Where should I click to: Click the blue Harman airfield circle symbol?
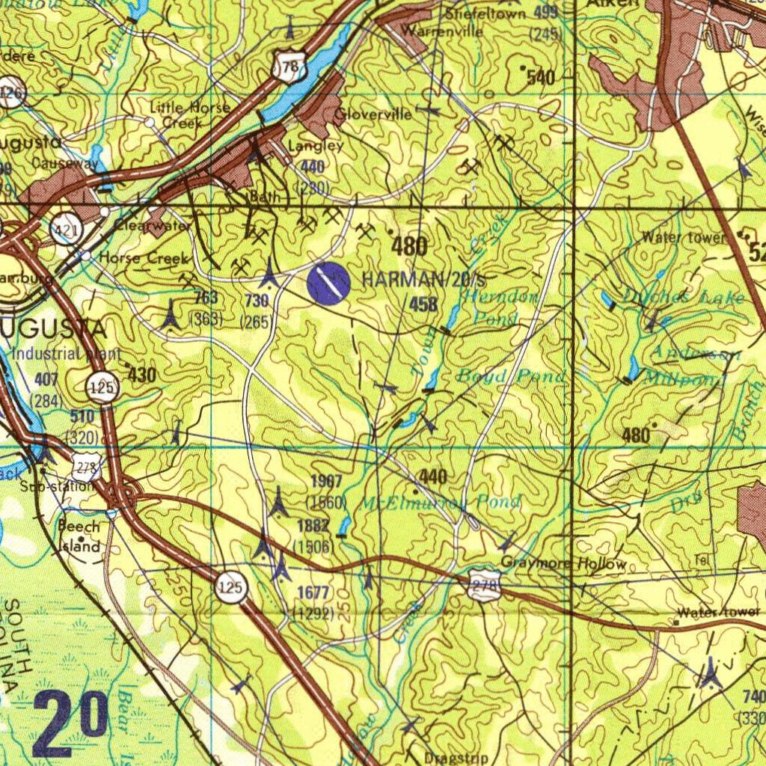(328, 284)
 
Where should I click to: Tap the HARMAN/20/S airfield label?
(424, 281)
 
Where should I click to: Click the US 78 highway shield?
(289, 67)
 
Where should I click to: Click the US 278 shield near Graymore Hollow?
(484, 586)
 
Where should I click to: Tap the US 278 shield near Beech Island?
(87, 468)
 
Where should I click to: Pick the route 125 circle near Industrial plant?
(102, 387)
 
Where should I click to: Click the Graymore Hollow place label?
(563, 563)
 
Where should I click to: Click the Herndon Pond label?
(500, 307)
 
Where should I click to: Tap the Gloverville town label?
(373, 114)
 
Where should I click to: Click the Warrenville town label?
(442, 31)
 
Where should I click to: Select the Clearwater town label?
(152, 224)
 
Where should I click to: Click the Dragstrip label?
(456, 757)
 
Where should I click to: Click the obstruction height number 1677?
(313, 593)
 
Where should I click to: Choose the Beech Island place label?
(79, 536)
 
